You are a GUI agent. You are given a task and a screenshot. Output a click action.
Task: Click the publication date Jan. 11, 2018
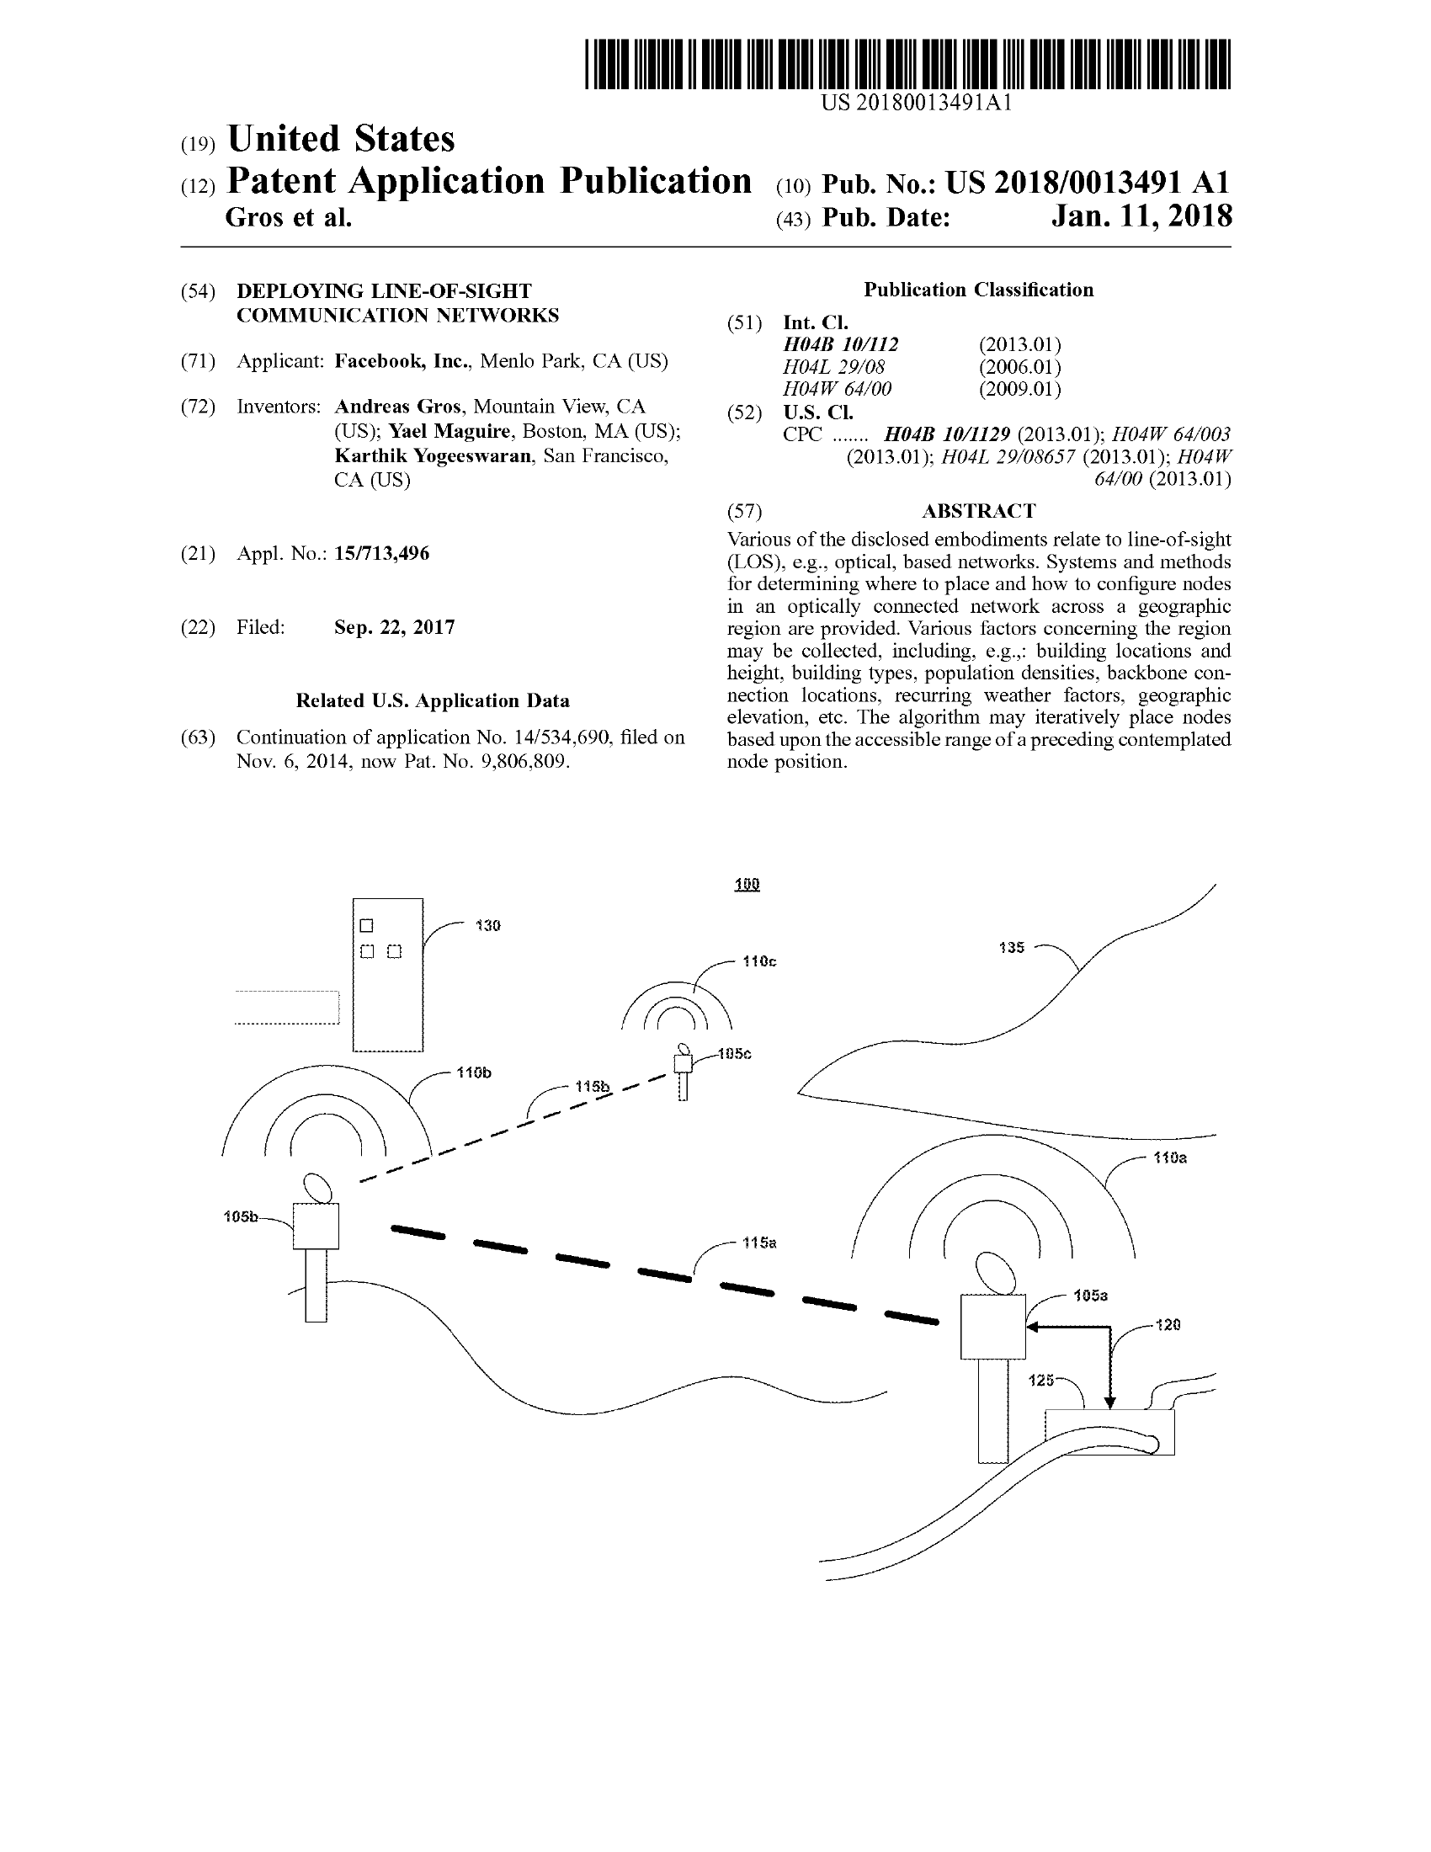click(1141, 217)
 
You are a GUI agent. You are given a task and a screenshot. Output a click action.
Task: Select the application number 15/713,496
click(381, 554)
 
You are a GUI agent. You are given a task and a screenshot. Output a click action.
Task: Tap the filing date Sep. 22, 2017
click(394, 627)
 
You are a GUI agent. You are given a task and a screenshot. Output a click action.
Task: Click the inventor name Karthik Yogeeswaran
click(433, 456)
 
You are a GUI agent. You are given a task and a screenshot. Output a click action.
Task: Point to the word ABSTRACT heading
click(978, 511)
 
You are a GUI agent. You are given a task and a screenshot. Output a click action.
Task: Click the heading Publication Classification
click(978, 290)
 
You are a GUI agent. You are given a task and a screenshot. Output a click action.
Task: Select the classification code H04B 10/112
click(840, 344)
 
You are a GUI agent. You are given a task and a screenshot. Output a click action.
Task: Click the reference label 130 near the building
click(487, 925)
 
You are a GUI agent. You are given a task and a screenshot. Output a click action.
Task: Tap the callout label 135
click(1011, 947)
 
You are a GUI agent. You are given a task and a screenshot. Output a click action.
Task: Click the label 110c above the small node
click(758, 961)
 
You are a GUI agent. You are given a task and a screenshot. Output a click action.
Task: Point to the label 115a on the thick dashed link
click(758, 1243)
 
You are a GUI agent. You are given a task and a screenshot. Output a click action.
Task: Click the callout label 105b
click(240, 1217)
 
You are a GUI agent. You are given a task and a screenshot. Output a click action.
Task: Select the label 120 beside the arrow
click(1168, 1324)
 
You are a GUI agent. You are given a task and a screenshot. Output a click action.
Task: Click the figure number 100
click(747, 885)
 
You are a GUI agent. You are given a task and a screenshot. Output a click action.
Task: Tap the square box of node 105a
click(992, 1327)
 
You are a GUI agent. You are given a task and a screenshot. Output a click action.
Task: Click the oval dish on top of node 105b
click(318, 1187)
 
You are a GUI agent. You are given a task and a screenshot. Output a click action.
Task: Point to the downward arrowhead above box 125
click(1109, 1403)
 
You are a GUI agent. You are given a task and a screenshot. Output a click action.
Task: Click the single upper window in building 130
click(366, 925)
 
